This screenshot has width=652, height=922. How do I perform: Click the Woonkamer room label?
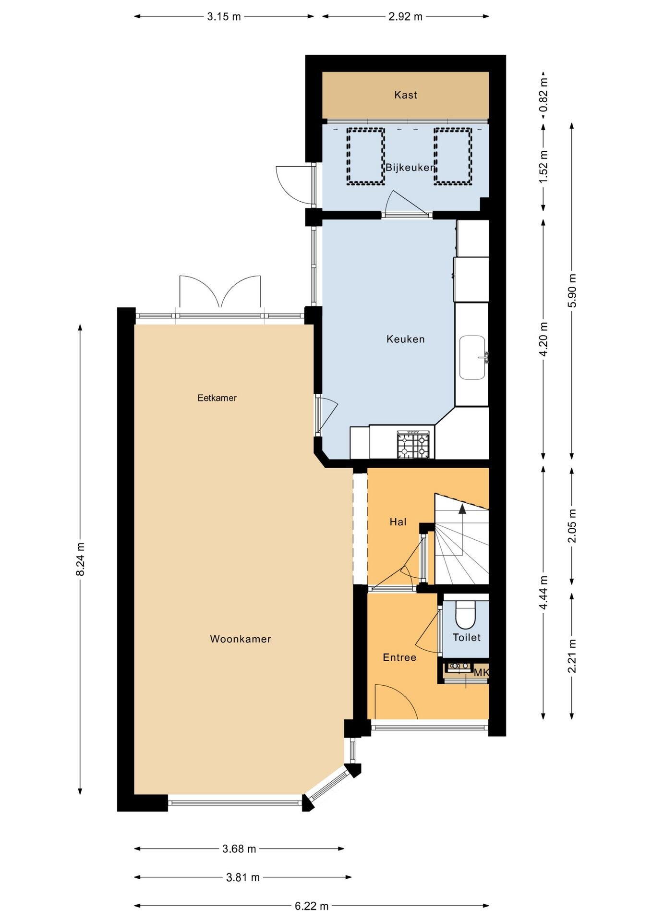click(241, 639)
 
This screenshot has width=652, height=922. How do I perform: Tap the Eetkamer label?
click(217, 398)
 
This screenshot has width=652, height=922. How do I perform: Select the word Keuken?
click(406, 339)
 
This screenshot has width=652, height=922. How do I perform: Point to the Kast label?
click(406, 95)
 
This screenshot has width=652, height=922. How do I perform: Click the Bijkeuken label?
click(411, 168)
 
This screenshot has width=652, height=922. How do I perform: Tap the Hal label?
click(398, 522)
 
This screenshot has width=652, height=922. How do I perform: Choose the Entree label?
click(399, 657)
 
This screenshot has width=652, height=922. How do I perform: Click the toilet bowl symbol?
click(465, 615)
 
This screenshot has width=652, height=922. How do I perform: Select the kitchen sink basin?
click(473, 357)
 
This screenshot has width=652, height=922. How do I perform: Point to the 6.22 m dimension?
click(312, 906)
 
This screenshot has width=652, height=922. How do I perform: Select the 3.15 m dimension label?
click(224, 16)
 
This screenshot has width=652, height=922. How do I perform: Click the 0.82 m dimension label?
click(543, 95)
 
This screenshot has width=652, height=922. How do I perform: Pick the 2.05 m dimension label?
click(572, 526)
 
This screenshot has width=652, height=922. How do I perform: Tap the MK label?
click(481, 673)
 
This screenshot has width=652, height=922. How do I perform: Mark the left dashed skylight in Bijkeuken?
click(366, 156)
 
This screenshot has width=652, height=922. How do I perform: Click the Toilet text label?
click(467, 637)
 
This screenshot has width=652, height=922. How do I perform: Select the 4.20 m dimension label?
click(543, 340)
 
